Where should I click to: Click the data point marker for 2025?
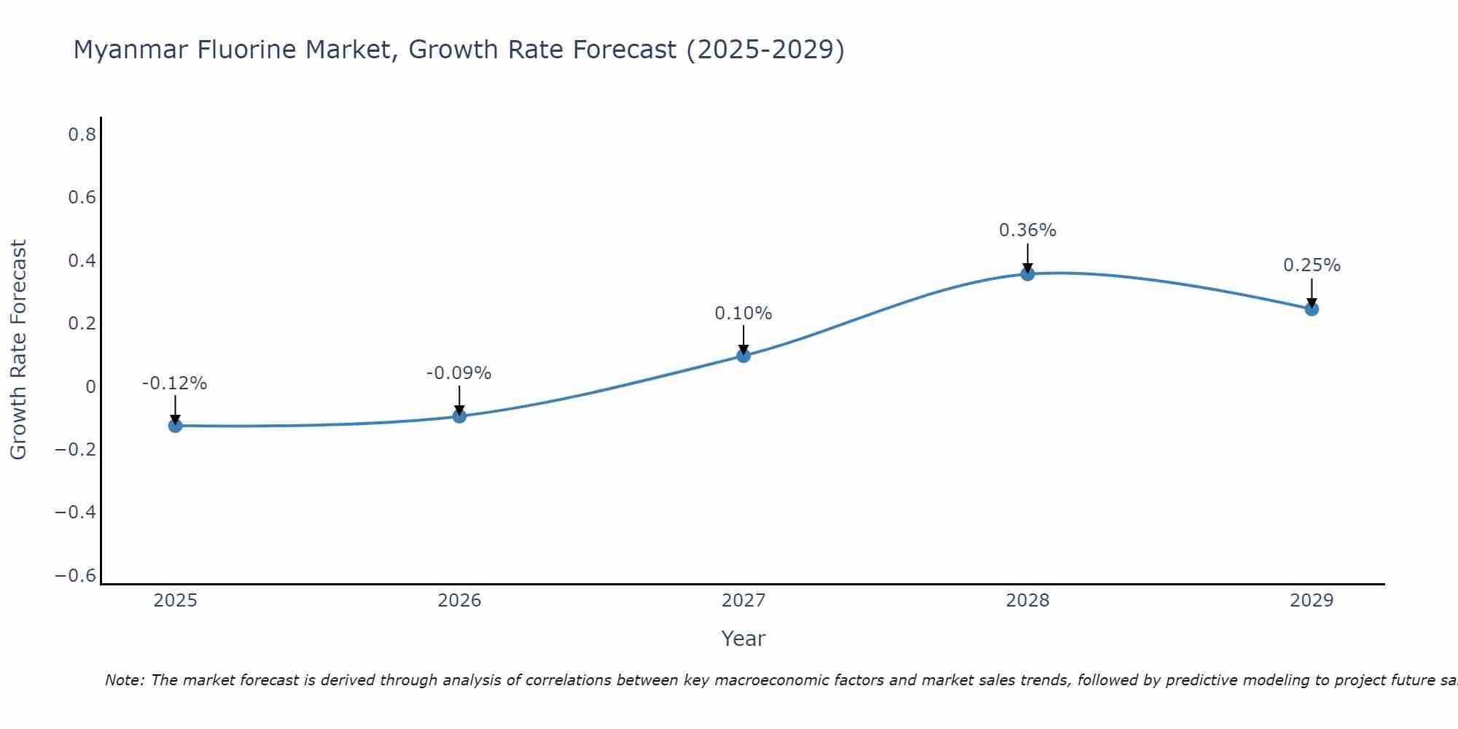[175, 426]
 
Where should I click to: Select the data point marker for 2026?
[459, 416]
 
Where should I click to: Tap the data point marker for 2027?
[744, 356]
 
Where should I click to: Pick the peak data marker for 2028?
[1027, 274]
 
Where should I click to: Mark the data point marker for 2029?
[1311, 309]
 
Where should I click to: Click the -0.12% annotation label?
[174, 383]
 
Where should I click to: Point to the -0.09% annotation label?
[459, 373]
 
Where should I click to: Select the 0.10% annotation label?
[743, 313]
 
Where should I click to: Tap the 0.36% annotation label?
[1027, 230]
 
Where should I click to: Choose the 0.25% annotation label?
[1311, 265]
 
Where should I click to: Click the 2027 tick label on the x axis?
[743, 601]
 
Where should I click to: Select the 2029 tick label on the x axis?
[1311, 601]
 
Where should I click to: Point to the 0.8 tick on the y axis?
[82, 135]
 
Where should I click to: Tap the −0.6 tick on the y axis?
[76, 576]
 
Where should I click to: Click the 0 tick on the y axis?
[90, 387]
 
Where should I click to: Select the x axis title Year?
[743, 639]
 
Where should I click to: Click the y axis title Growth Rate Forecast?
[18, 350]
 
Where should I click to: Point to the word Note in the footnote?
[123, 680]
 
